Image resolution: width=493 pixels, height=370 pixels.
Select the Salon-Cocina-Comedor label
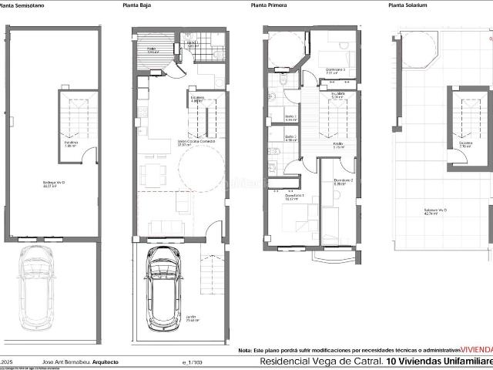tap(166, 143)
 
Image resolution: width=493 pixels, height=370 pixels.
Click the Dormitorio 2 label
tap(344, 181)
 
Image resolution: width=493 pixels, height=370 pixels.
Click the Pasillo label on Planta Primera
tap(337, 144)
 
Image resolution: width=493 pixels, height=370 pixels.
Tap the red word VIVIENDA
tap(476, 349)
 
